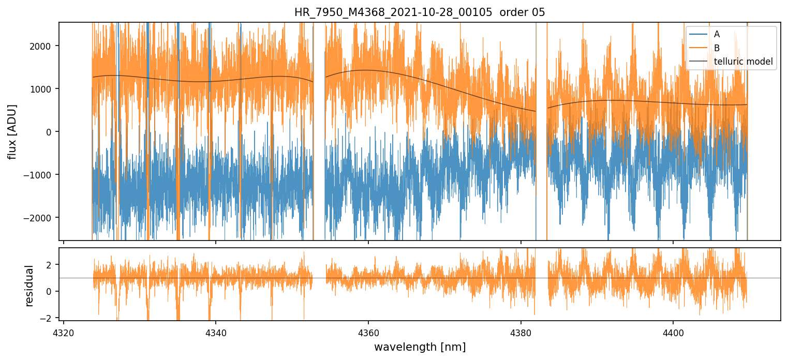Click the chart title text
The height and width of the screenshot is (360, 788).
(420, 12)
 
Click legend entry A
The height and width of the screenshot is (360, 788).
(717, 35)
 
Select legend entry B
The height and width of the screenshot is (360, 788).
(717, 48)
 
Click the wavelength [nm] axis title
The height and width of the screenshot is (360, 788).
(420, 347)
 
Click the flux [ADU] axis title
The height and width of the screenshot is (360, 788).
(11, 131)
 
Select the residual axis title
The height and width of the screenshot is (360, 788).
(29, 286)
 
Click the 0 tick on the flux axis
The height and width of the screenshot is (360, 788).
(52, 132)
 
